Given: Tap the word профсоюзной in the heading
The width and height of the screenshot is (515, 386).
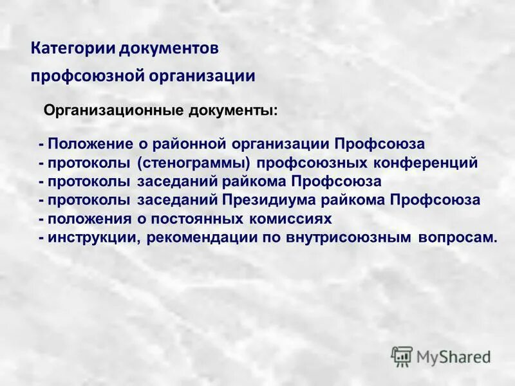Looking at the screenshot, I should point(88,76).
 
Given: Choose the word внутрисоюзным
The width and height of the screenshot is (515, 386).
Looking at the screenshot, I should point(346,237).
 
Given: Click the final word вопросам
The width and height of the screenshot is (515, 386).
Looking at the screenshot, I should point(458,237).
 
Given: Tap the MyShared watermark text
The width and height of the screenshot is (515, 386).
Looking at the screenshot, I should point(454,356).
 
